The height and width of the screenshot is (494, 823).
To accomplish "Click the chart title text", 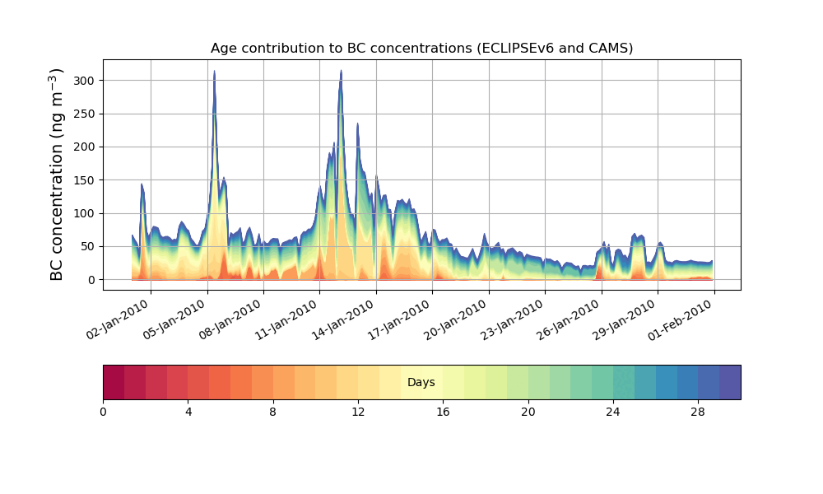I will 421,48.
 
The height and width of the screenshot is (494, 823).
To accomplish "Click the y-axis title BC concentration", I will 57,174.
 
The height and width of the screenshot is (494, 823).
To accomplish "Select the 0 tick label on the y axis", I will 92,280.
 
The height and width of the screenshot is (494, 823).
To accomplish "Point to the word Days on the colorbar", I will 421,383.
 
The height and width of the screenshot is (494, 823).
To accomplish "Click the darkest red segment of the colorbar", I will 114,382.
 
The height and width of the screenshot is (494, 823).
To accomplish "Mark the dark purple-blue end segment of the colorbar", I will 730,382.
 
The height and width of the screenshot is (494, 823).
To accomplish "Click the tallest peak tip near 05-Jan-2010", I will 214,72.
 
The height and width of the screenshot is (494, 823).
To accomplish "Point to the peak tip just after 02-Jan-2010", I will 142,184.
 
